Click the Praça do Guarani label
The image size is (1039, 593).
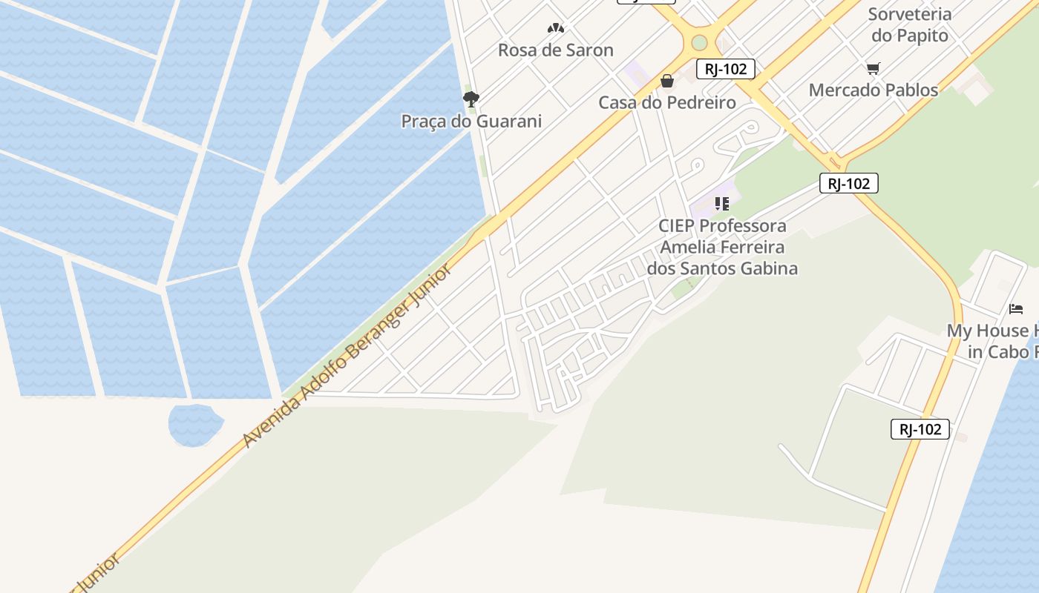pos(471,121)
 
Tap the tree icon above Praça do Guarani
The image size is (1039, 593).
pos(471,99)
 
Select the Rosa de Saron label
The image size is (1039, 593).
pos(555,50)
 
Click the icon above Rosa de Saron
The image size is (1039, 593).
pos(556,28)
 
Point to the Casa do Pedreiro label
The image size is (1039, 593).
pos(667,102)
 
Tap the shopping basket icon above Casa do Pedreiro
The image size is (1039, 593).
pos(667,81)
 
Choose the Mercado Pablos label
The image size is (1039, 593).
pos(873,90)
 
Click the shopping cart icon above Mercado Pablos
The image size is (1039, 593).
pos(873,69)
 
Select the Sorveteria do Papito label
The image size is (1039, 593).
pos(909,24)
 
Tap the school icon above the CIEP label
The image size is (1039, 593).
pos(722,204)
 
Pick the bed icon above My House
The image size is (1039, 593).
pos(1016,308)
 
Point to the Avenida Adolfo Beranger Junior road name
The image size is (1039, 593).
pos(347,356)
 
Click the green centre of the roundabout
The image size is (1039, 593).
pos(699,43)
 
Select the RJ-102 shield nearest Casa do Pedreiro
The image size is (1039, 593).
pos(725,69)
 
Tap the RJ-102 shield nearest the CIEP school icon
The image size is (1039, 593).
pos(848,183)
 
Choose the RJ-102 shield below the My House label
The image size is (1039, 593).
pos(920,429)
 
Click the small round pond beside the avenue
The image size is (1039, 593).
pos(194,424)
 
